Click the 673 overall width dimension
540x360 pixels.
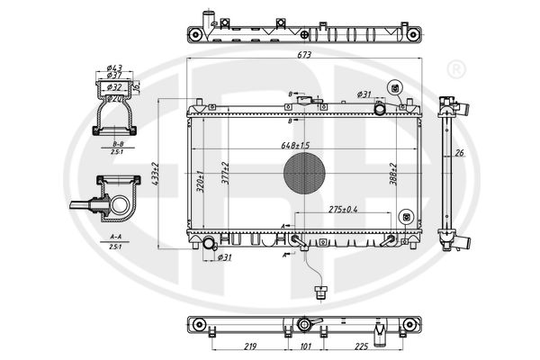[304, 56]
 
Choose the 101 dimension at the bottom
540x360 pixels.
[305, 346]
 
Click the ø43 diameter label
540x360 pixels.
[114, 69]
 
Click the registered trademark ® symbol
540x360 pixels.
[455, 69]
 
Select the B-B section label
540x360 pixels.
[117, 144]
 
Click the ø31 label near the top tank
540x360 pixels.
[364, 94]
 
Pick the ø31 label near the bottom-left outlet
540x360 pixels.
[225, 258]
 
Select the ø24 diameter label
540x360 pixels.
[114, 98]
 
